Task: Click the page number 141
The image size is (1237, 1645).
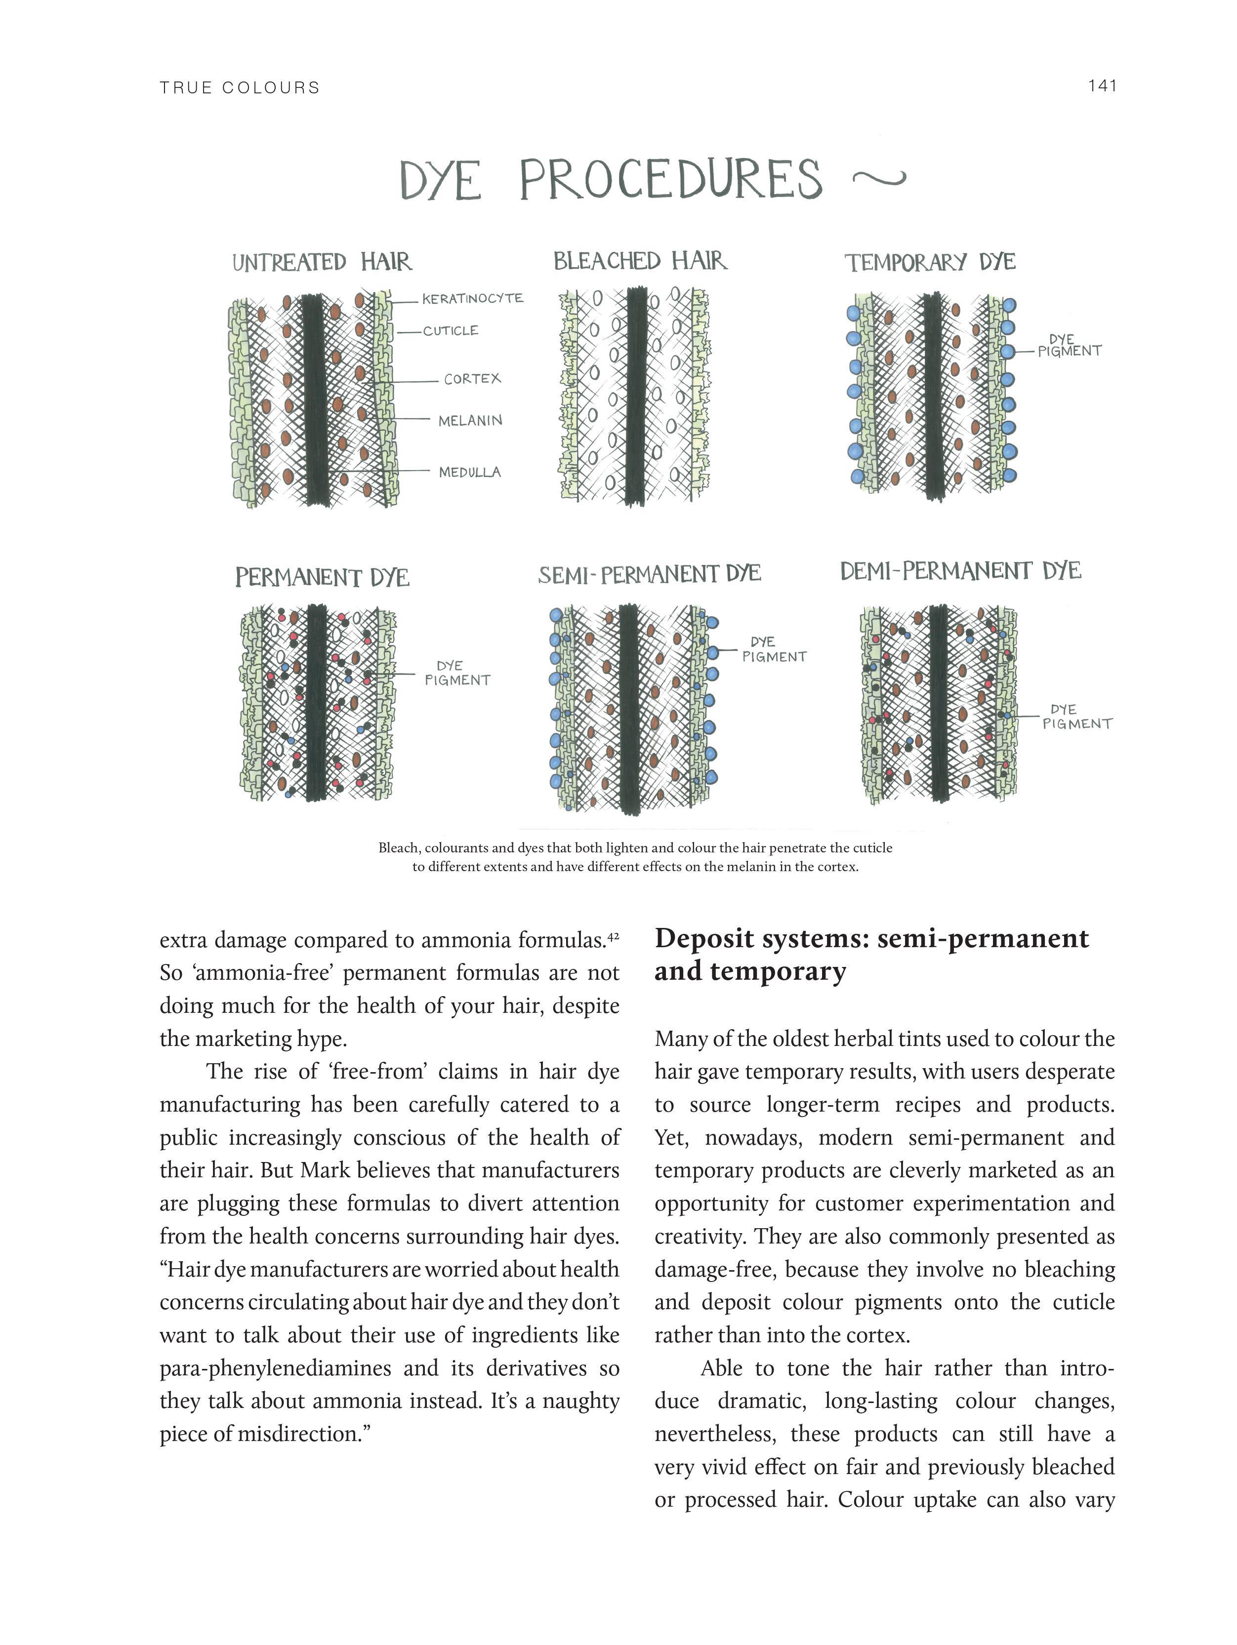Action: pos(1102,86)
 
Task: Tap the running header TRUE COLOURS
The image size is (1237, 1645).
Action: pos(240,88)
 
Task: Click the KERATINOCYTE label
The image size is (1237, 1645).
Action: pos(472,299)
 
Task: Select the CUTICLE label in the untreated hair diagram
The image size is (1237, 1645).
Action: pos(451,331)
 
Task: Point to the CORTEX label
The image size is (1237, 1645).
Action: pos(472,379)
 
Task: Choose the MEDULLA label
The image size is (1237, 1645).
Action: pos(469,472)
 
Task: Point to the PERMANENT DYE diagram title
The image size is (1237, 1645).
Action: pos(322,578)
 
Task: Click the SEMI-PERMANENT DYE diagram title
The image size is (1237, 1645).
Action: pos(649,575)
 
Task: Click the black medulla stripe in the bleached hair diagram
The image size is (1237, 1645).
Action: pos(636,394)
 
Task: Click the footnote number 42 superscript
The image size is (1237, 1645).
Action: pos(613,937)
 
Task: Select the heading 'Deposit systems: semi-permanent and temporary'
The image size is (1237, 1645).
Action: pos(871,955)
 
